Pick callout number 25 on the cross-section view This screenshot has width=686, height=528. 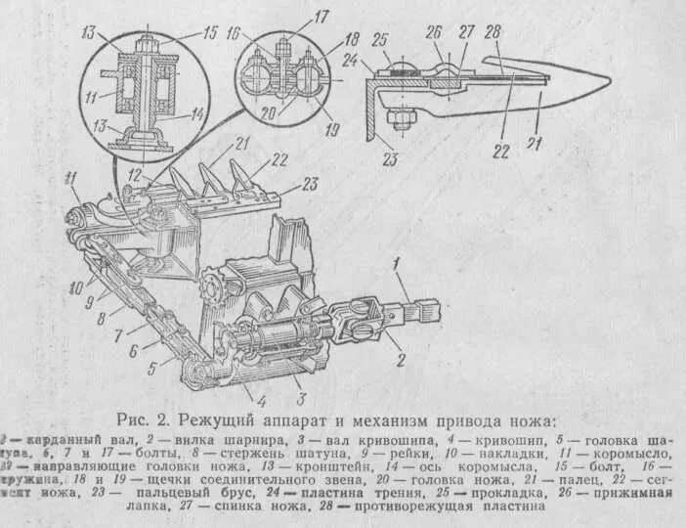pyautogui.click(x=381, y=39)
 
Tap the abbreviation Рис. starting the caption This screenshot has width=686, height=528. pyautogui.click(x=136, y=419)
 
